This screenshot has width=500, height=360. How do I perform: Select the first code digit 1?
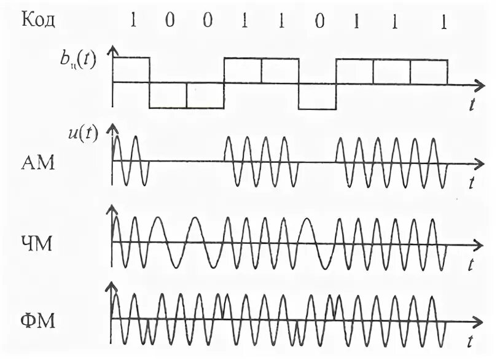(x=132, y=20)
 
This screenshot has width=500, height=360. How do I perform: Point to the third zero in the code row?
(x=318, y=20)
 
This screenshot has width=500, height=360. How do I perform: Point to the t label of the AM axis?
(x=471, y=182)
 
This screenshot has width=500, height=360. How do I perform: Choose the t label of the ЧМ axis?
(x=470, y=265)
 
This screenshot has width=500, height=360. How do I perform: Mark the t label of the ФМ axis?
(x=470, y=339)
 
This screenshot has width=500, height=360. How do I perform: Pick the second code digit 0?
(x=207, y=20)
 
